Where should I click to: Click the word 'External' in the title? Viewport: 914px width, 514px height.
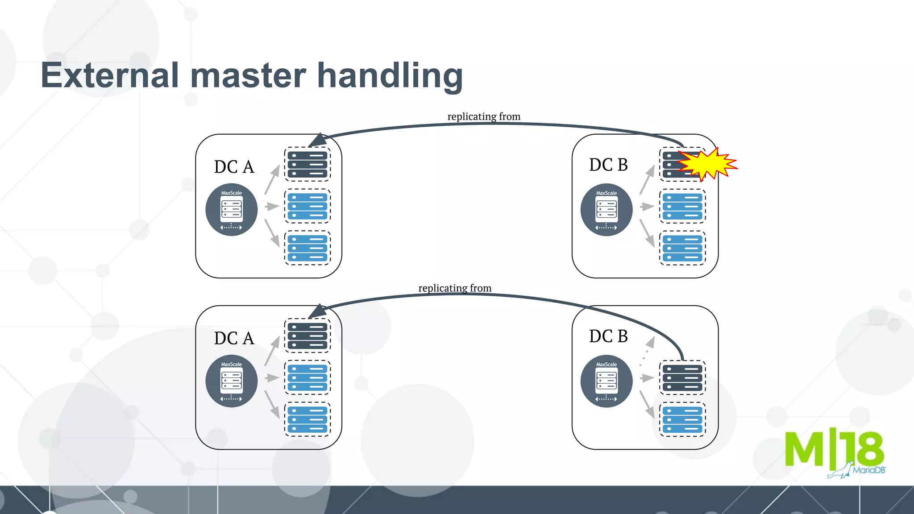[x=110, y=75]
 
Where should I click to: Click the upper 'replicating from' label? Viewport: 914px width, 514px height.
[x=484, y=116]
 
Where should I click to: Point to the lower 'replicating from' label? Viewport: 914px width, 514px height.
[x=455, y=288]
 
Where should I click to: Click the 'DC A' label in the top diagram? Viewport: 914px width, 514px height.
[x=234, y=167]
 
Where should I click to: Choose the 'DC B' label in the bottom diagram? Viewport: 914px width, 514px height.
[x=608, y=336]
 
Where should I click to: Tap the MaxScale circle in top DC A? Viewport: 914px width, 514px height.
[x=231, y=209]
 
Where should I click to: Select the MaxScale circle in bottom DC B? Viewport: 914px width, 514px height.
[x=606, y=381]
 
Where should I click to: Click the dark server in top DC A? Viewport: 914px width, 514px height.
[x=307, y=164]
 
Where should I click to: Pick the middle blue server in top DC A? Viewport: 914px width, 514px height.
[x=307, y=206]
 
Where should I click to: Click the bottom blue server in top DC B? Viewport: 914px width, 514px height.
[x=682, y=248]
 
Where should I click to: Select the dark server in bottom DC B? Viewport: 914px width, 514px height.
[x=682, y=377]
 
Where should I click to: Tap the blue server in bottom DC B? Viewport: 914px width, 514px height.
[x=682, y=419]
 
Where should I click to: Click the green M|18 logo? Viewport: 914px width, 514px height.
[x=834, y=449]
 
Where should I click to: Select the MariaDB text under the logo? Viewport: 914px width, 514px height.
[x=868, y=470]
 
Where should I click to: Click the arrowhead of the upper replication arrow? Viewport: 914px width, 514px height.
[x=317, y=140]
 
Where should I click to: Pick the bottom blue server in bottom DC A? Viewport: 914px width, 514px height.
[x=307, y=419]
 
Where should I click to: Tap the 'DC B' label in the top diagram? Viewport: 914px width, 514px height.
[x=608, y=165]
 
